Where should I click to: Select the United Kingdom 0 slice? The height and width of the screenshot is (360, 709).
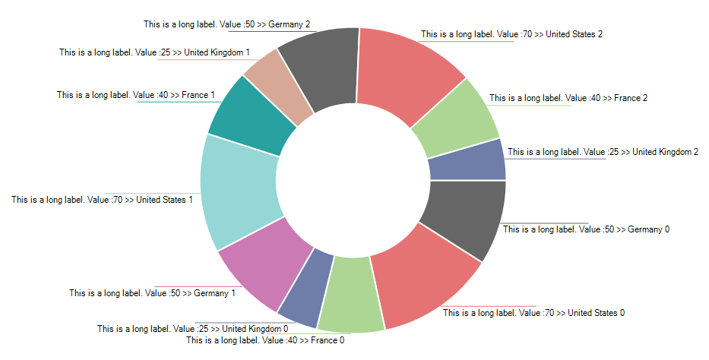[304, 292]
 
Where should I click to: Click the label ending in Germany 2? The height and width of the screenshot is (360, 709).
[226, 24]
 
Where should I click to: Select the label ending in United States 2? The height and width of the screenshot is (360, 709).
[511, 34]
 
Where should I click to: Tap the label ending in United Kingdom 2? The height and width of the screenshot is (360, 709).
[603, 152]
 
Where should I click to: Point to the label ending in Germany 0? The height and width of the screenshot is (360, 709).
[586, 229]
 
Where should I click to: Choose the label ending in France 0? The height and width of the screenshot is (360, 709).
[265, 340]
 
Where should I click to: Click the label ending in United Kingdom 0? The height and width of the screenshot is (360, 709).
[192, 329]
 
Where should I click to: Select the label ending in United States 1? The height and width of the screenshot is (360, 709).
[102, 200]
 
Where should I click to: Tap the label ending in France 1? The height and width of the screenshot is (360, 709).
[136, 95]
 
